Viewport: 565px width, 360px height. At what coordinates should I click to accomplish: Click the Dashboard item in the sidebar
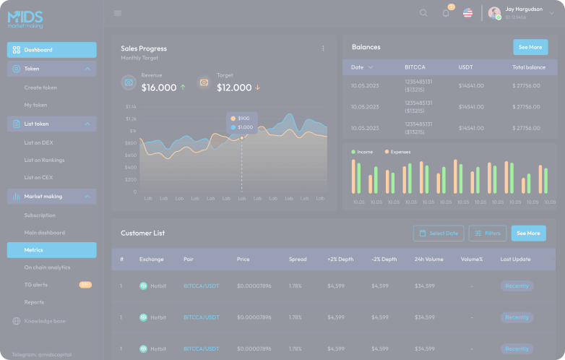click(51, 50)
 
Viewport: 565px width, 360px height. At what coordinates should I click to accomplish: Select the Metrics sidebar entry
click(51, 250)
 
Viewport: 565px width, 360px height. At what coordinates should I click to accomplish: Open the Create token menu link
click(40, 87)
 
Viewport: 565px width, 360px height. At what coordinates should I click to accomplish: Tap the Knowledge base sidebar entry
click(44, 321)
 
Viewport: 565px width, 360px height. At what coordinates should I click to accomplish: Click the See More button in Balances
click(530, 47)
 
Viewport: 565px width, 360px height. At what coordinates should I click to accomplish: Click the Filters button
click(488, 233)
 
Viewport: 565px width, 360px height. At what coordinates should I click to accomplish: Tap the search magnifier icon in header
click(423, 13)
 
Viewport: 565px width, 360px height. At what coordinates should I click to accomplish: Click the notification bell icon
click(446, 13)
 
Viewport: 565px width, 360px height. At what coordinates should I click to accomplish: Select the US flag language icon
click(467, 13)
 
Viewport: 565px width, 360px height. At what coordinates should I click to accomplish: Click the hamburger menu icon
click(118, 13)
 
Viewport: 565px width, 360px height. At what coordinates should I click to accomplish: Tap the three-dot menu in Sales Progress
click(323, 48)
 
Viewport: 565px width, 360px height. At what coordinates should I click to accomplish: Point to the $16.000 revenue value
click(159, 87)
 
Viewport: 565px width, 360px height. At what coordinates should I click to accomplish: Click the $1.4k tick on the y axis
click(131, 106)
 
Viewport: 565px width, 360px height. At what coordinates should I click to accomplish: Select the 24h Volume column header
click(429, 259)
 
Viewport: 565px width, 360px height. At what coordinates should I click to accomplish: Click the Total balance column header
click(529, 67)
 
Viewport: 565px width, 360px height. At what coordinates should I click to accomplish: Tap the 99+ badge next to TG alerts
click(85, 285)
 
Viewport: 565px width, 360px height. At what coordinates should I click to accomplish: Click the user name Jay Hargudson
click(524, 9)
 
